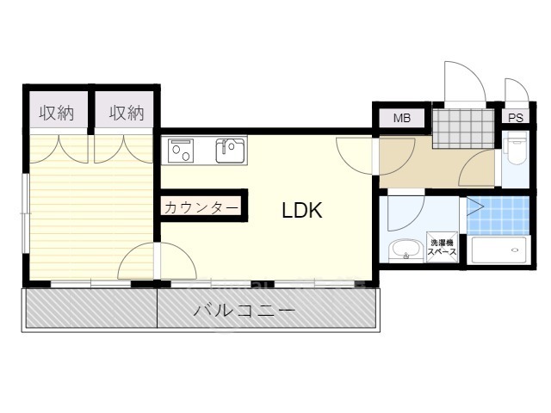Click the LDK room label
pyautogui.click(x=302, y=211)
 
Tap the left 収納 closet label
pyautogui.click(x=57, y=113)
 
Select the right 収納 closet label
pyautogui.click(x=126, y=113)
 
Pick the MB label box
pyautogui.click(x=401, y=118)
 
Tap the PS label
pyautogui.click(x=515, y=118)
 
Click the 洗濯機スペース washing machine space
pyautogui.click(x=443, y=247)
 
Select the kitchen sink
pyautogui.click(x=231, y=151)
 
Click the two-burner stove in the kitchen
pyautogui.click(x=182, y=151)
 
